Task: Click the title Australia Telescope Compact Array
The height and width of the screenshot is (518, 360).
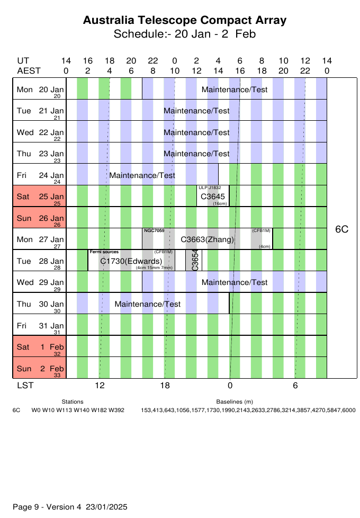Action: pyautogui.click(x=185, y=21)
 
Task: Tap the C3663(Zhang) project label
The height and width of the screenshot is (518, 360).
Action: pyautogui.click(x=207, y=239)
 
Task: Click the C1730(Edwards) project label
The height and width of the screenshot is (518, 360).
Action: pyautogui.click(x=131, y=261)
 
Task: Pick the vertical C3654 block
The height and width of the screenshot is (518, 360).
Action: pyautogui.click(x=195, y=260)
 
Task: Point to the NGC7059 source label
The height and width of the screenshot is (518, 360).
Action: pyautogui.click(x=154, y=231)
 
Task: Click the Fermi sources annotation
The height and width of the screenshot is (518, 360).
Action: pyautogui.click(x=104, y=252)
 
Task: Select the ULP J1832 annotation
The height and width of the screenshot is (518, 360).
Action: pyautogui.click(x=210, y=187)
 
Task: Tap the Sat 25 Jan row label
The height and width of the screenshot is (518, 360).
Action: pyautogui.click(x=40, y=197)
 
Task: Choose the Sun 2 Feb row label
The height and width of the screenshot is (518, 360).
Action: pyautogui.click(x=40, y=368)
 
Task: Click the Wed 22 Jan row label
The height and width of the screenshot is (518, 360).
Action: pyautogui.click(x=40, y=132)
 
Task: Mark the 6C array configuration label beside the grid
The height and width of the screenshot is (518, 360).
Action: pyautogui.click(x=342, y=229)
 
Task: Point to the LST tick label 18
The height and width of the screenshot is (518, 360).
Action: pyautogui.click(x=165, y=386)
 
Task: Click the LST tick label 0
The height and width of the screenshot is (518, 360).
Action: pyautogui.click(x=230, y=386)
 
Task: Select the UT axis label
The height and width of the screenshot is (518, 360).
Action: pyautogui.click(x=23, y=61)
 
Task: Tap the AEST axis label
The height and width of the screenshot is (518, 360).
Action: pyautogui.click(x=29, y=70)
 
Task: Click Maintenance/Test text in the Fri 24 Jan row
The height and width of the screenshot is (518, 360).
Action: pyautogui.click(x=142, y=175)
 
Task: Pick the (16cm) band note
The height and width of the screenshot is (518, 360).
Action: pyautogui.click(x=220, y=204)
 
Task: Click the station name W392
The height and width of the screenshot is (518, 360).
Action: pyautogui.click(x=116, y=410)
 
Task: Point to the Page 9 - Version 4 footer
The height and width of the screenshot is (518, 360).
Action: pyautogui.click(x=70, y=507)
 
